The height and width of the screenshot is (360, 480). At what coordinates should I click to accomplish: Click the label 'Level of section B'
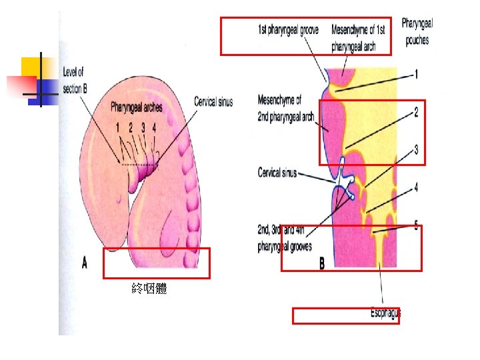coord(73,80)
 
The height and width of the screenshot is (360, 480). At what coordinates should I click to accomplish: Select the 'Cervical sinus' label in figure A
coord(213,102)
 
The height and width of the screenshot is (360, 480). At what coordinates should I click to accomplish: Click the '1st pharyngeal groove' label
coord(288,30)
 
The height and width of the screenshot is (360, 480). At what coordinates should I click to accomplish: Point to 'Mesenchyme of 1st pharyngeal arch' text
coord(358,38)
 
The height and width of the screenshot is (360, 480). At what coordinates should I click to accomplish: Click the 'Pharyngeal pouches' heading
coord(417,31)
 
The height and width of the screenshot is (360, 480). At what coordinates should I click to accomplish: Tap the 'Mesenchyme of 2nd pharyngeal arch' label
coord(286,109)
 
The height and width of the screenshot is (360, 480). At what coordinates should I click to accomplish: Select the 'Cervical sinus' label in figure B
coord(277,173)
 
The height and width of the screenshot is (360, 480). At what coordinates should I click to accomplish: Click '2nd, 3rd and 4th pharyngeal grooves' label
coord(285,239)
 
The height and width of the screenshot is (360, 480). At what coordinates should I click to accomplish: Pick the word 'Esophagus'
coord(386,312)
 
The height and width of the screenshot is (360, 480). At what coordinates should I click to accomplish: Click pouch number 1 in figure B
coord(416,75)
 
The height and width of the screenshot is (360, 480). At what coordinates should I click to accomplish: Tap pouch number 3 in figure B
coord(416,151)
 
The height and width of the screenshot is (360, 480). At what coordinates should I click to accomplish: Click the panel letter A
coord(85,263)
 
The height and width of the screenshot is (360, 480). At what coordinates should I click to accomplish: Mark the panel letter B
coord(322,264)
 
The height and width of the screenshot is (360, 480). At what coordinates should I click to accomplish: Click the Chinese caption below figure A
coord(149,289)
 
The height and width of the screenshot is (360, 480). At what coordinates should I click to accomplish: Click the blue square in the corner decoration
coord(47,87)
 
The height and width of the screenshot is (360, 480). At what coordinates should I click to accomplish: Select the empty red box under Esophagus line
coord(345,316)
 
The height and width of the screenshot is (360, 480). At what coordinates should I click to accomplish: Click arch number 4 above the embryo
coord(155,126)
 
